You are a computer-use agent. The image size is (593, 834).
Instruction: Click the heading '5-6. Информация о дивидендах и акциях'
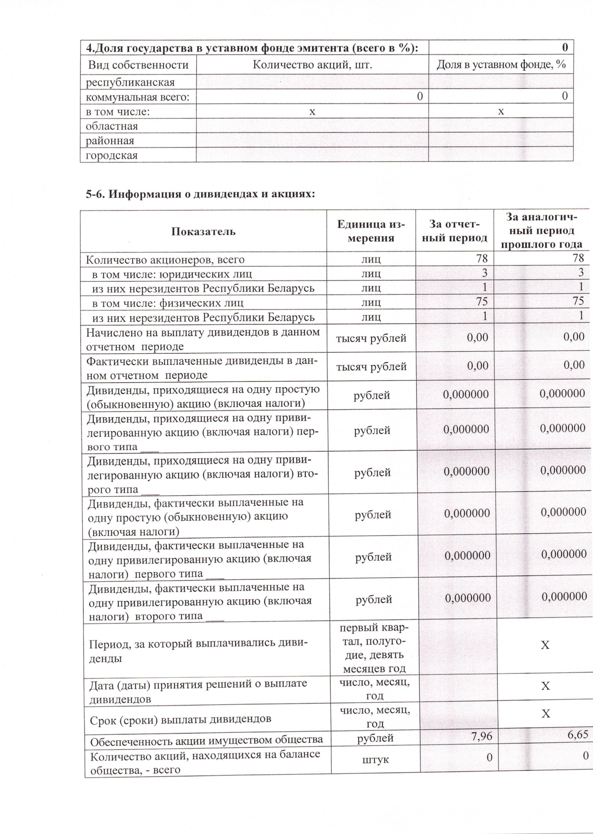tap(200, 194)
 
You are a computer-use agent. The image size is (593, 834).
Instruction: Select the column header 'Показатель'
tap(203, 232)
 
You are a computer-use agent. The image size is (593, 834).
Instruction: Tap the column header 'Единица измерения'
tap(371, 231)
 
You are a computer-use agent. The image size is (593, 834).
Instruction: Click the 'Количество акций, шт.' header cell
tap(312, 65)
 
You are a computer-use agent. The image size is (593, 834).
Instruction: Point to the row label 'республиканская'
tap(130, 82)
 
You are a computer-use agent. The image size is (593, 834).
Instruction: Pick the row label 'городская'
tap(112, 155)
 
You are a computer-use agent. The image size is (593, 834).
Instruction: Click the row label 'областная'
tap(112, 126)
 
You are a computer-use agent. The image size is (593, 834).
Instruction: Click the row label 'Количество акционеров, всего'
tap(165, 260)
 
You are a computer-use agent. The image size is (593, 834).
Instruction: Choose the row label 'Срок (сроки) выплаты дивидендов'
tap(181, 719)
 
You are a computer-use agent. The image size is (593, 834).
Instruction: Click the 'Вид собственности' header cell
tap(138, 65)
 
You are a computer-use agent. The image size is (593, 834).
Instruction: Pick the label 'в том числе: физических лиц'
tap(167, 303)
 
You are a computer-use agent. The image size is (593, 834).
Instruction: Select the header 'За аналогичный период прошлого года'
tap(541, 231)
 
